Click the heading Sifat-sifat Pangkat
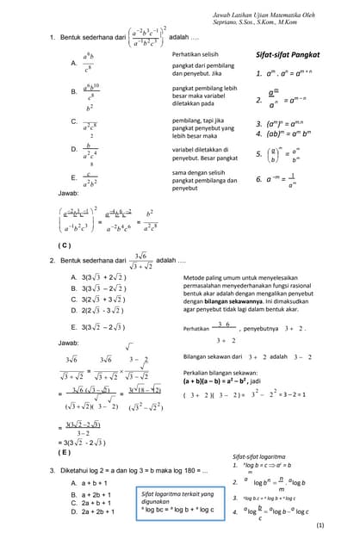pos(289,54)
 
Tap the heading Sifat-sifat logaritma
pos(259,456)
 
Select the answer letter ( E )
pos(64,451)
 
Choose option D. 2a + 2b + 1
pos(97,512)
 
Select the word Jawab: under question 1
pos(68,194)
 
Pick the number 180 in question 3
pos(189,470)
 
